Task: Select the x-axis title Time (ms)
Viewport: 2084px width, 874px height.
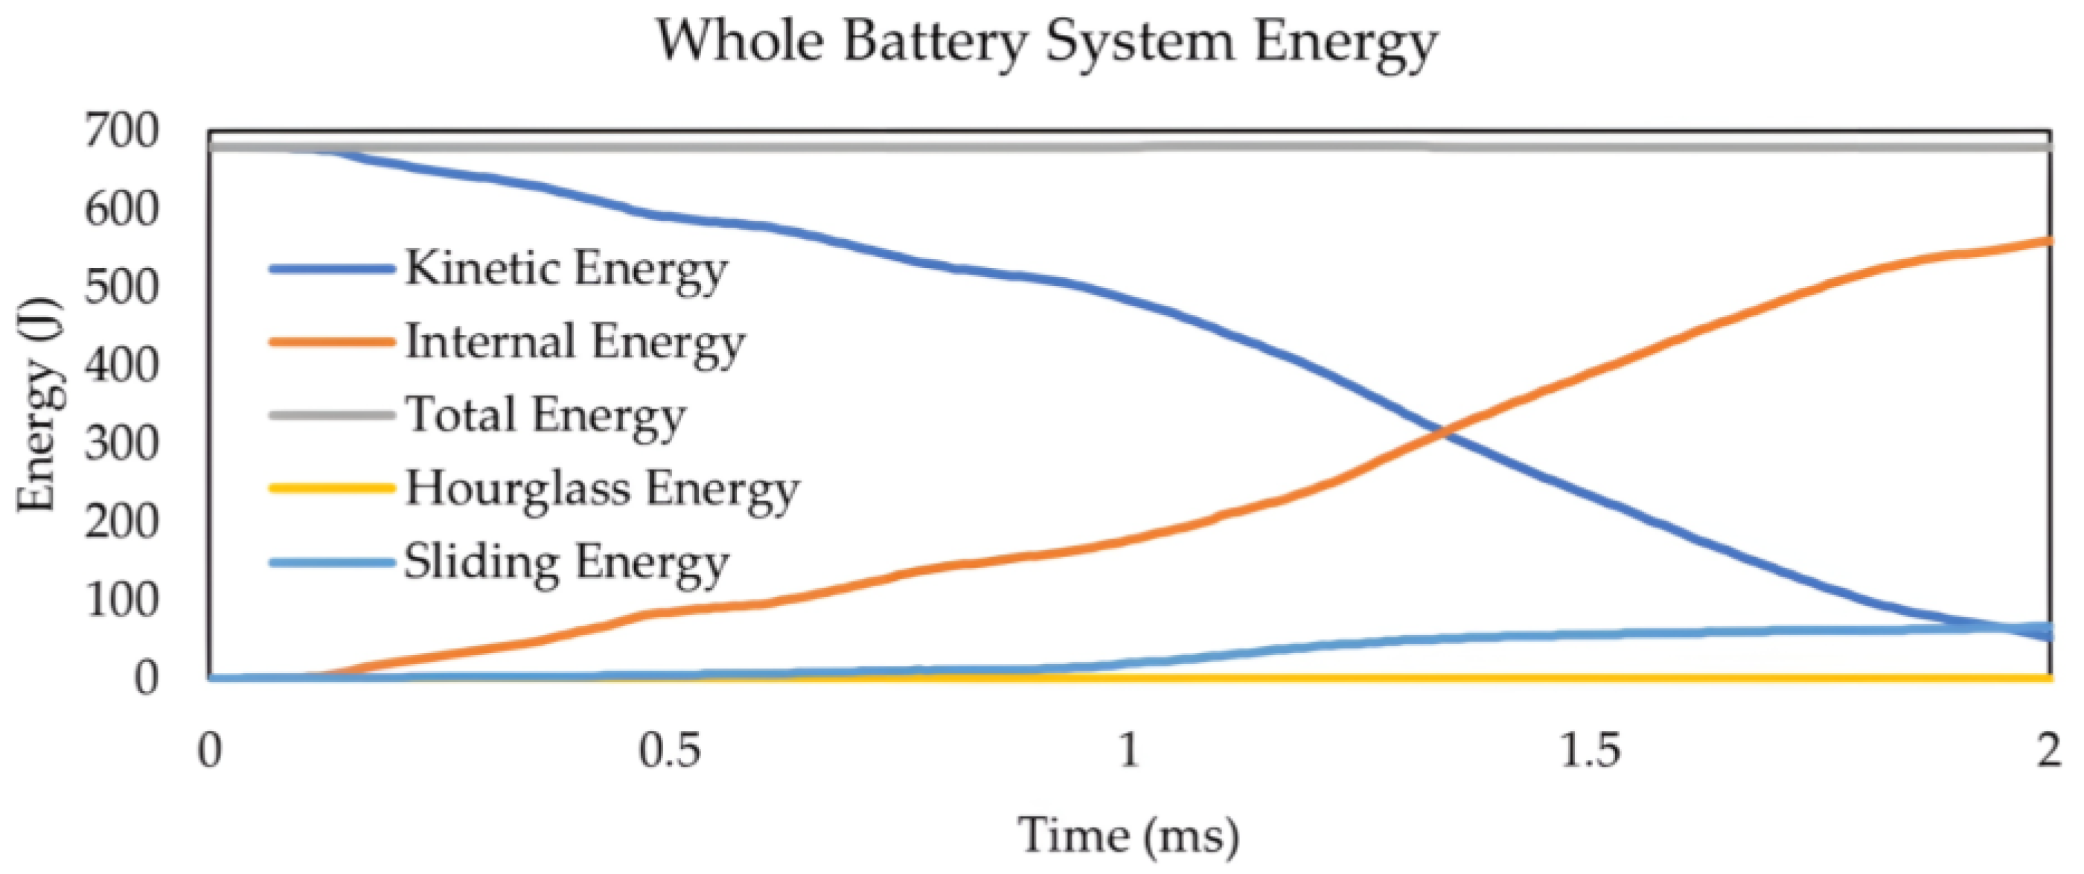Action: pos(1128,835)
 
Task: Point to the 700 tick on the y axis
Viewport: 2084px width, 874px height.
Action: pos(121,131)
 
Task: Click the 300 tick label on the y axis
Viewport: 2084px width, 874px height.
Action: pos(121,444)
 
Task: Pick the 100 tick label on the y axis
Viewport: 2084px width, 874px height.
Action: pos(121,599)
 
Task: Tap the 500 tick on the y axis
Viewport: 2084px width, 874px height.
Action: pos(121,287)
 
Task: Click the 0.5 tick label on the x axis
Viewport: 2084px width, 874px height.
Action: pos(669,751)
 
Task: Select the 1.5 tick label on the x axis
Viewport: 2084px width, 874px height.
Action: pos(1589,751)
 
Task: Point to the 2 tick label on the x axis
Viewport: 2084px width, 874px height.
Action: pos(2048,751)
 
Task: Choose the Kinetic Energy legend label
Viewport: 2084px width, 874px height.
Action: pos(566,269)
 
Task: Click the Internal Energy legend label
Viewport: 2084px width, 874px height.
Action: pos(575,342)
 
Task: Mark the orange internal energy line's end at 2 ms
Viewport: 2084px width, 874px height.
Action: pos(2048,241)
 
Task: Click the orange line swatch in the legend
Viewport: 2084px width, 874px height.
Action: pos(332,342)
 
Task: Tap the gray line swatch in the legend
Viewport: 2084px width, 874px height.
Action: pos(332,415)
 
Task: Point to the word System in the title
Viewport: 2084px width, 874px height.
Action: pos(1140,42)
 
